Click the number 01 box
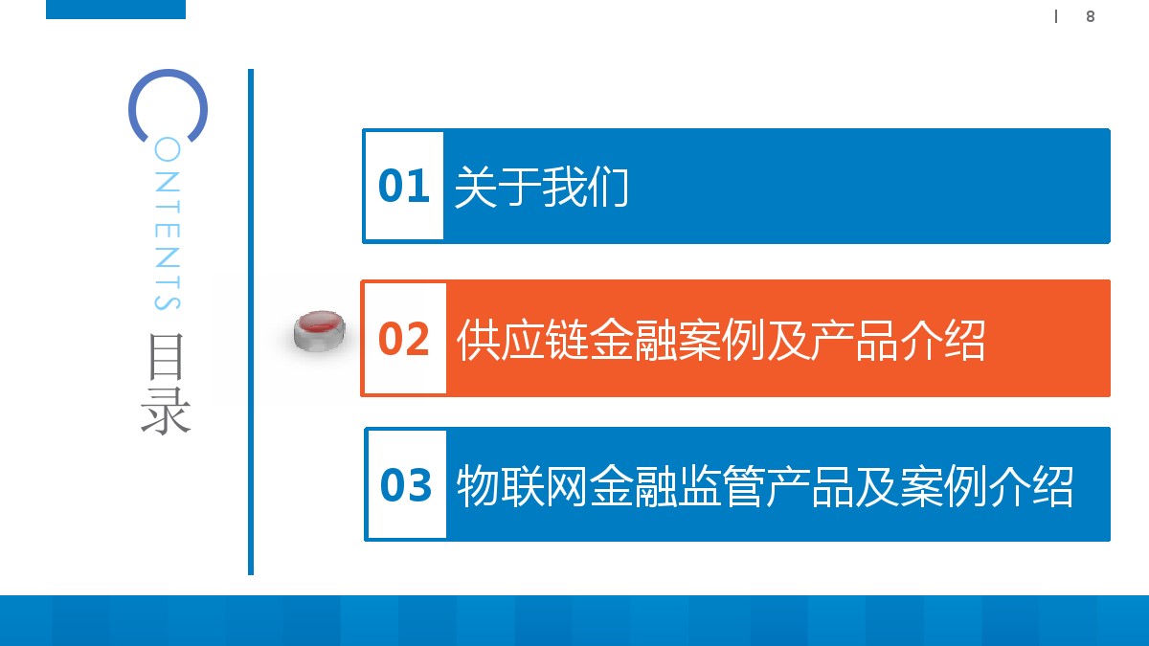(x=403, y=186)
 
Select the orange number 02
(x=404, y=339)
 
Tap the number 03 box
(x=406, y=485)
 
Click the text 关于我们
(x=541, y=187)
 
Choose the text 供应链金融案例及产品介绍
(x=721, y=340)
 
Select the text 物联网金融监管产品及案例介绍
(x=764, y=486)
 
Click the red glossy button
(x=320, y=330)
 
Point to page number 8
(x=1090, y=16)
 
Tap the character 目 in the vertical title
(x=167, y=356)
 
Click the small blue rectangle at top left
(x=116, y=10)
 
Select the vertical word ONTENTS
(x=167, y=226)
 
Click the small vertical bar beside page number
(x=1056, y=16)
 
